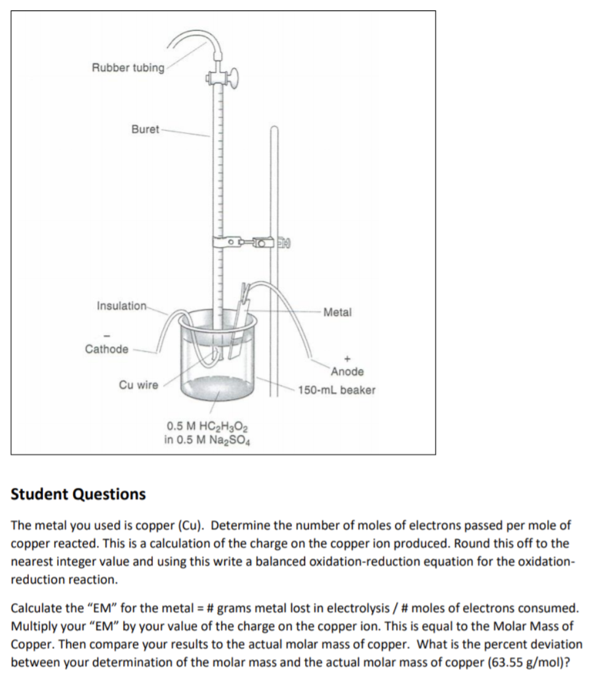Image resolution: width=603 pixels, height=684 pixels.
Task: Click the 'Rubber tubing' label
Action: tap(128, 68)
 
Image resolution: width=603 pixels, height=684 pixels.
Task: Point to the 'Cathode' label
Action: tap(107, 349)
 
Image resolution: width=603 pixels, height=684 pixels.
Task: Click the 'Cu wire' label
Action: tap(138, 385)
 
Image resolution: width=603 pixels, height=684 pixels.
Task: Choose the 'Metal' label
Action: tap(337, 312)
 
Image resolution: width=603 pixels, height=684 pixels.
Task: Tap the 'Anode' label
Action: tap(347, 371)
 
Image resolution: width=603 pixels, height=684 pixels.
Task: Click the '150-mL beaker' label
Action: tap(337, 390)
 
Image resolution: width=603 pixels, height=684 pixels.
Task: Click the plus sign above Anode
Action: tap(348, 357)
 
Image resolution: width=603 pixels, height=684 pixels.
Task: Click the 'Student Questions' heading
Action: tap(79, 494)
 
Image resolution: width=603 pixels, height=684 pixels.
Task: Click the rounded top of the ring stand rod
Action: tap(274, 129)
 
